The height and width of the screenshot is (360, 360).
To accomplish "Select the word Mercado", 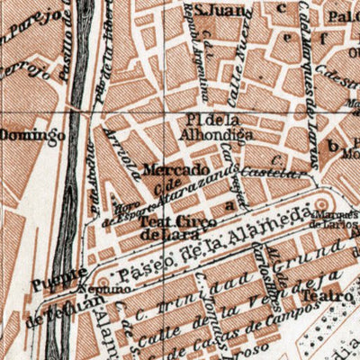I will click(x=175, y=168).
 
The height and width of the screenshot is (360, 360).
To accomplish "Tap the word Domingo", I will click(x=32, y=137).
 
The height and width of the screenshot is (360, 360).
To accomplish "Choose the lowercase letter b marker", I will click(x=333, y=145).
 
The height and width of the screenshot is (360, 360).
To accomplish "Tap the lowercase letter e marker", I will click(x=288, y=38).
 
